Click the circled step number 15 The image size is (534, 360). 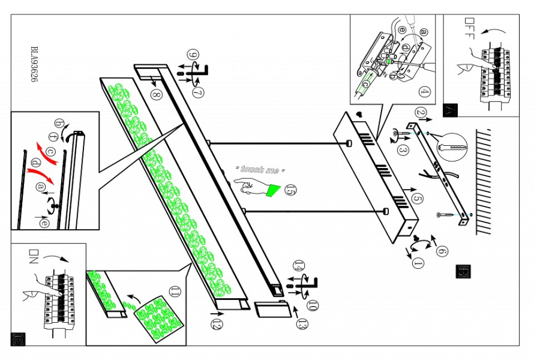click(291, 191)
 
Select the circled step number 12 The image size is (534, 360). click(217, 325)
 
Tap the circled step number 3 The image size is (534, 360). click(404, 150)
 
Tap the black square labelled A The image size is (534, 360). click(450, 110)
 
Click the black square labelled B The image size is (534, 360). click(463, 271)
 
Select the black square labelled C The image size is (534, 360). click(17, 339)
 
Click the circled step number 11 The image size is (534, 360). click(175, 292)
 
